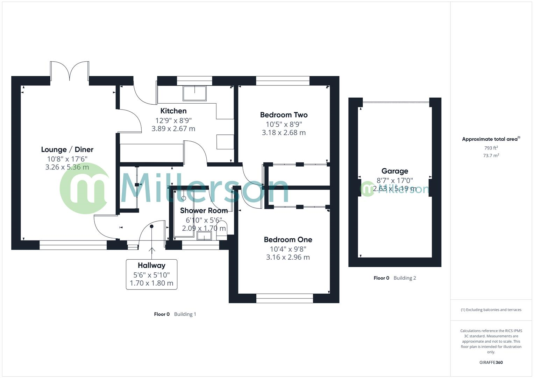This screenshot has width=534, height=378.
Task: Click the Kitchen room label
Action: click(173, 111)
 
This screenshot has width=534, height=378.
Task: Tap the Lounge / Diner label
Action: click(67, 149)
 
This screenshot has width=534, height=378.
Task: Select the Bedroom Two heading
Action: click(284, 115)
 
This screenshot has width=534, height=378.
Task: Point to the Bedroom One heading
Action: click(288, 240)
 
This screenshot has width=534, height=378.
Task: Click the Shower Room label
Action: click(204, 211)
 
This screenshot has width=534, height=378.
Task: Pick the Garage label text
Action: click(394, 171)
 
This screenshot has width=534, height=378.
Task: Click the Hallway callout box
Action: click(151, 274)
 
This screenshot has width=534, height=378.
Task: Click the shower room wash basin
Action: click(204, 236)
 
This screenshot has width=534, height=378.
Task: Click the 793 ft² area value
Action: click(491, 148)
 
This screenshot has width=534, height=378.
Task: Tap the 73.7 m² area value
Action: click(491, 156)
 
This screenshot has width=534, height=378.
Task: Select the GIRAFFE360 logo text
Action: click(491, 363)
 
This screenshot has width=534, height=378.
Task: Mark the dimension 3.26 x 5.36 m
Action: click(67, 167)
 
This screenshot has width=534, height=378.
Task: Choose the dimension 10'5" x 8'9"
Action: click(284, 124)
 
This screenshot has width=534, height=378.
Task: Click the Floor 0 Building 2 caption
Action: click(394, 278)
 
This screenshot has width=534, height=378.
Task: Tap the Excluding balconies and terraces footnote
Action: click(491, 310)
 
